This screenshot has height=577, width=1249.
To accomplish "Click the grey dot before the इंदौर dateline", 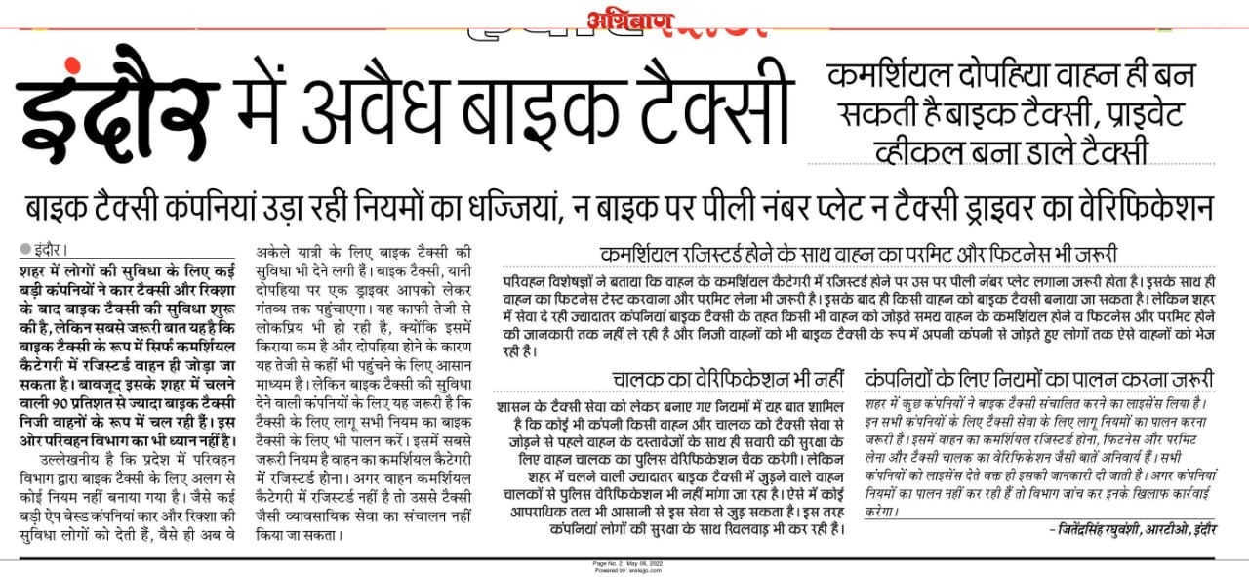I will (25, 250).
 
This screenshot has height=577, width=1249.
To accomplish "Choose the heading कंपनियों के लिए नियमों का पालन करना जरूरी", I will (1040, 378).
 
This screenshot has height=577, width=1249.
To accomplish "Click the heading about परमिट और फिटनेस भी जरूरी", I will (859, 252).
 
